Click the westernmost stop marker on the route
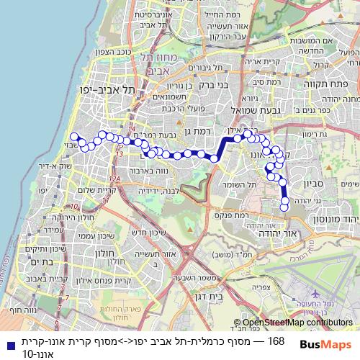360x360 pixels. coord(73,136)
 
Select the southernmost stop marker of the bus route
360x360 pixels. coord(284,207)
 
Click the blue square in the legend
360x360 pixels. coord(6,345)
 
